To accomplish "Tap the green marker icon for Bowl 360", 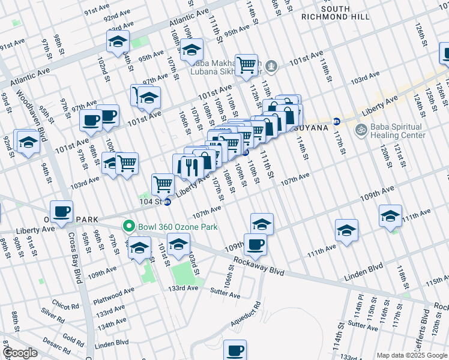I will click(128, 227).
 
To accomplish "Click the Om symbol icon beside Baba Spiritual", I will click(361, 129).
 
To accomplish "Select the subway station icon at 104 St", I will click(168, 203).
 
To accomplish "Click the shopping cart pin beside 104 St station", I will click(163, 184).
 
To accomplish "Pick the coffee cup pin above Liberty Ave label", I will click(61, 211).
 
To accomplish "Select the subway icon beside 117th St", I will click(337, 121).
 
